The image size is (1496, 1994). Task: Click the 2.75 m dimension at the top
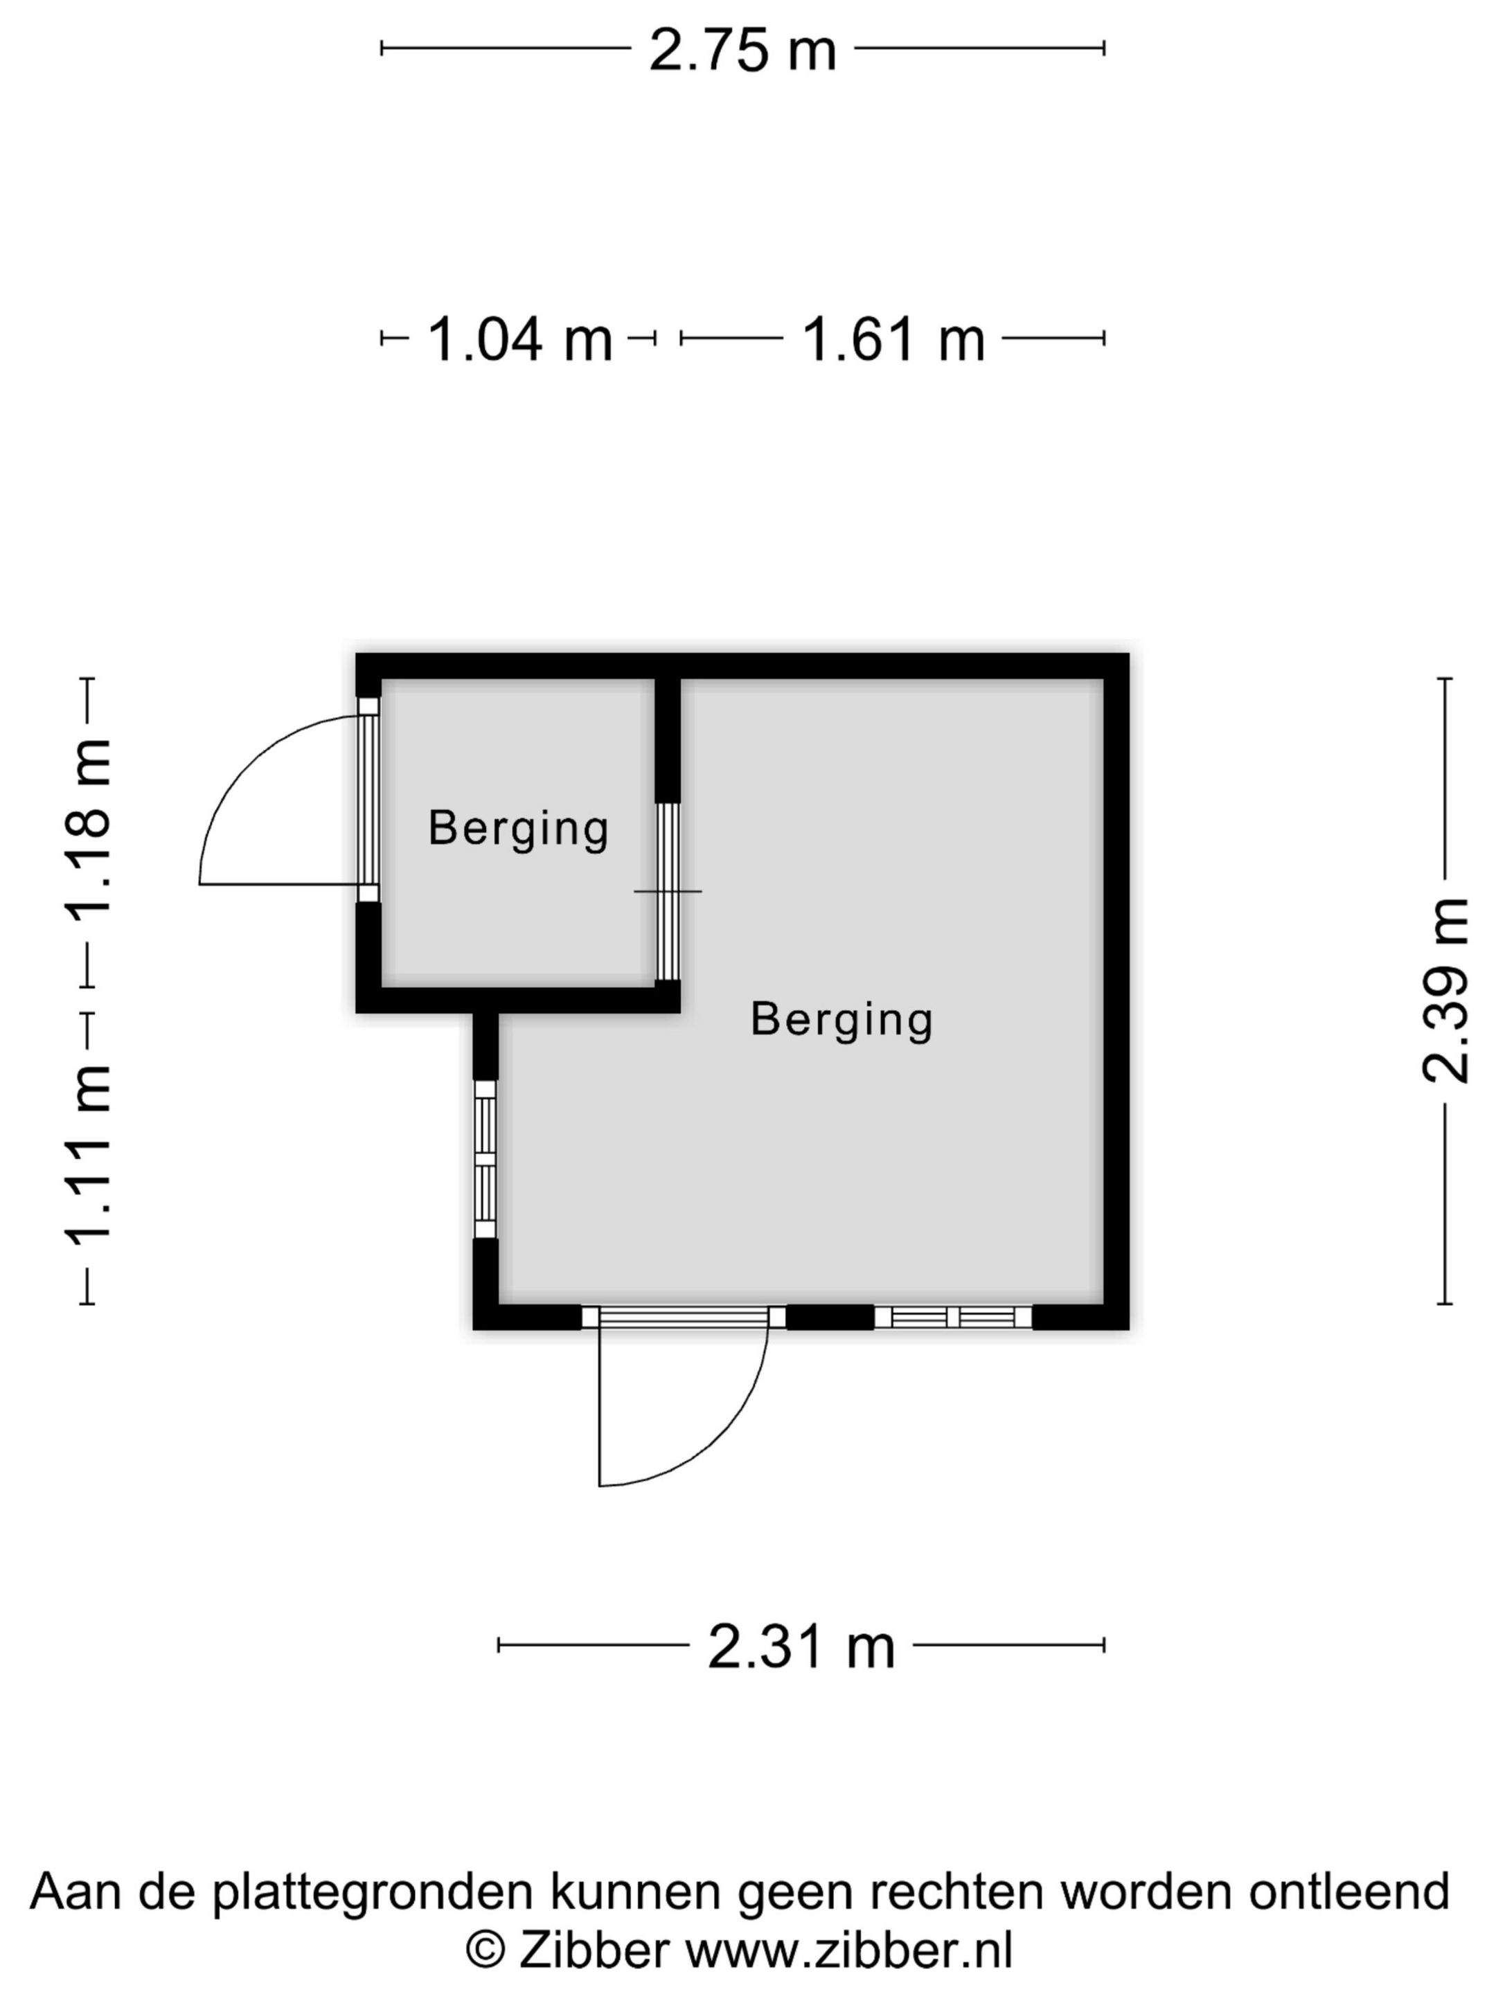[x=742, y=51]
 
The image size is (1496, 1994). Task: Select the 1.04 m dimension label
[x=519, y=340]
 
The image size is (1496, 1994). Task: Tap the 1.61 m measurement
[x=893, y=340]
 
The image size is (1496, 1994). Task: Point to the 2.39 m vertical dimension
[x=1445, y=990]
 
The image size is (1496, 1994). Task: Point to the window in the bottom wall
[x=953, y=1318]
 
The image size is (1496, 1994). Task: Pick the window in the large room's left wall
[x=485, y=1159]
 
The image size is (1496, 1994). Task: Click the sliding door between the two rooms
[x=667, y=890]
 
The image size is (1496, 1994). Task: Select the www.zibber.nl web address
[x=849, y=1952]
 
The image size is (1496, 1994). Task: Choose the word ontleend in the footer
[x=1349, y=1892]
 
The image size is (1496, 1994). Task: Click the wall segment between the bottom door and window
[x=830, y=1318]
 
